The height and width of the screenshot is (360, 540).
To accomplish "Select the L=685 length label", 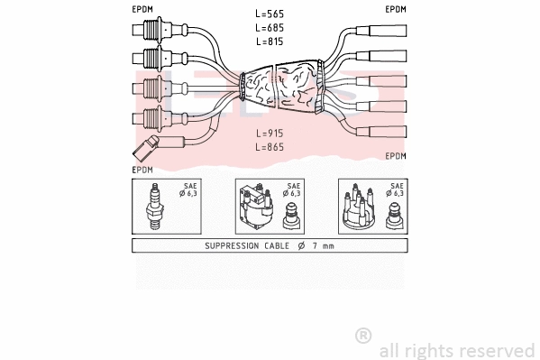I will tap(270, 29).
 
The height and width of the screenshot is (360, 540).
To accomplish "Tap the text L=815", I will tap(270, 42).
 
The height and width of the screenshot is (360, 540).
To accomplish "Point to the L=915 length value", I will tap(270, 133).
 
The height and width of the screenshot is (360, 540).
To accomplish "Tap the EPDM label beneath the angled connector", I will tap(142, 169).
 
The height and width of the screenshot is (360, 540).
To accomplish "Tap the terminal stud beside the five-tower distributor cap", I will tap(394, 217).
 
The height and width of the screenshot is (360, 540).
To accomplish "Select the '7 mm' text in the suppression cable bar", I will tap(323, 245).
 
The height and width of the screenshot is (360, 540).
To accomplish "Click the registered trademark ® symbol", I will tap(363, 336).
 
